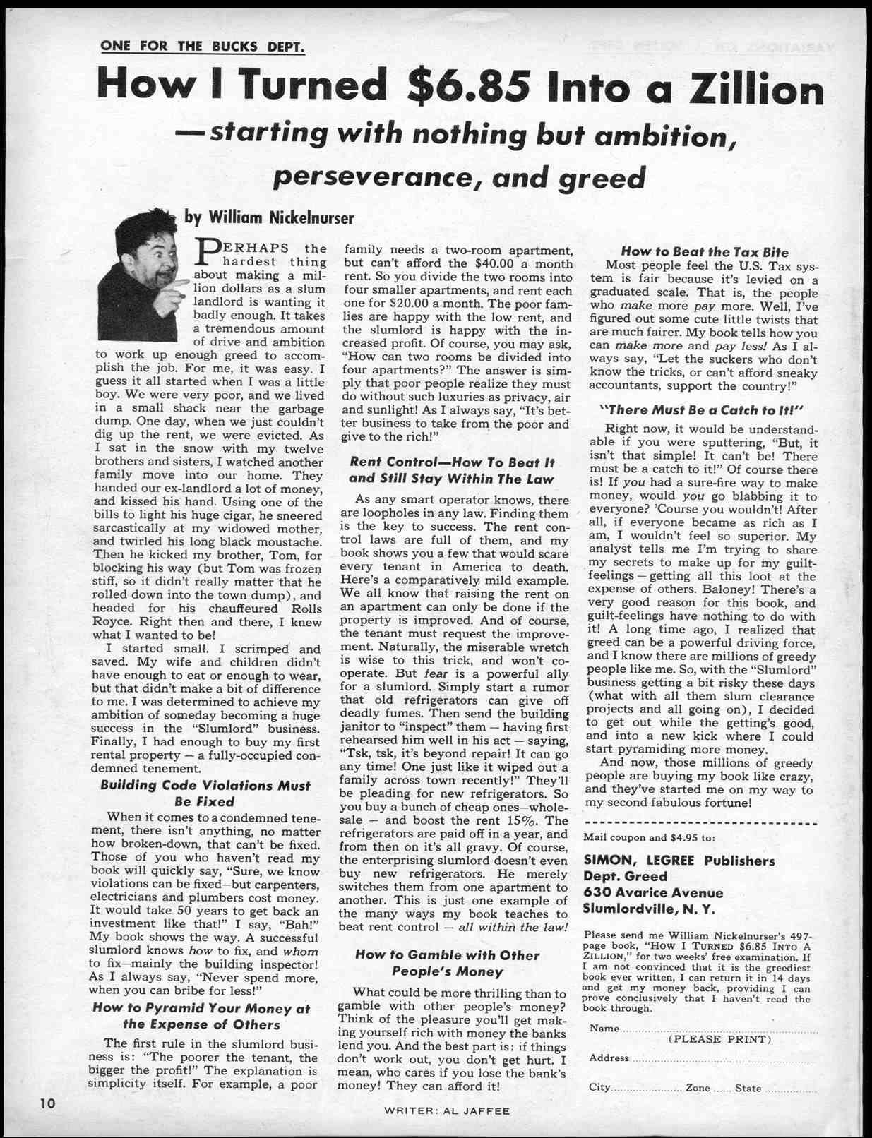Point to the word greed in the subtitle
(602, 179)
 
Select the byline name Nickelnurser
(311, 217)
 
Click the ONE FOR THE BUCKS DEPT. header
(203, 47)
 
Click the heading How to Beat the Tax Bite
(704, 252)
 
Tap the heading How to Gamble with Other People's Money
(446, 963)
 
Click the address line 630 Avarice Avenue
(653, 892)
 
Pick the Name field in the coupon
(717, 1029)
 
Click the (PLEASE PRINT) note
(719, 1039)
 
